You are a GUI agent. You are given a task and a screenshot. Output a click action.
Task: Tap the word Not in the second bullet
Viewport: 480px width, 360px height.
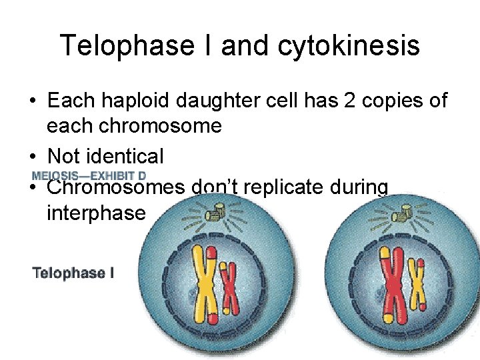click(64, 157)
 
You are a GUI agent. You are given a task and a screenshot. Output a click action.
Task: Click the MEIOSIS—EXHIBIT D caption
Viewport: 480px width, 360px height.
click(89, 176)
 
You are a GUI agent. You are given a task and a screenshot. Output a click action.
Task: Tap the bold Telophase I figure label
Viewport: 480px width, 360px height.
click(73, 273)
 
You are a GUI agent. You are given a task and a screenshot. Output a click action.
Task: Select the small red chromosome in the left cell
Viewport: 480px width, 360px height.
click(229, 287)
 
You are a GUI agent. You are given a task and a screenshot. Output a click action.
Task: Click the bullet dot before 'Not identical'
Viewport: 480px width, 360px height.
click(32, 157)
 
